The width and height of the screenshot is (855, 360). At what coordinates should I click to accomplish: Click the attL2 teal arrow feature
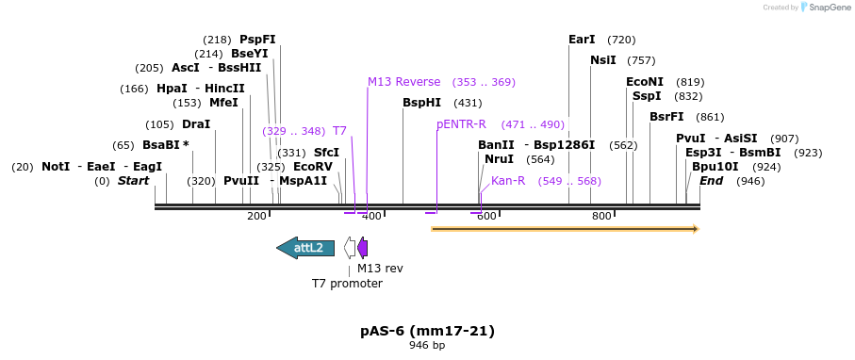coord(304,248)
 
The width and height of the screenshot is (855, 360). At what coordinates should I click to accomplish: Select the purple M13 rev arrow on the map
coord(363,248)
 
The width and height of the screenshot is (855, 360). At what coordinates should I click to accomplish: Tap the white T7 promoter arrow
coord(350,248)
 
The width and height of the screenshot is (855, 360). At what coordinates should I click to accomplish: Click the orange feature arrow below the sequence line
coord(564,228)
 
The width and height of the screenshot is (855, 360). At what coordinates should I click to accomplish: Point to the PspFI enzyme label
coord(257,40)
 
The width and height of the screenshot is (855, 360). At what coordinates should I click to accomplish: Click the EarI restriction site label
coord(582,40)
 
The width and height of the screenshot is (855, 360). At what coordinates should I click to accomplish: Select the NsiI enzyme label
coord(603,60)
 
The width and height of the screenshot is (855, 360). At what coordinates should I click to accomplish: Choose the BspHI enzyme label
coord(421,103)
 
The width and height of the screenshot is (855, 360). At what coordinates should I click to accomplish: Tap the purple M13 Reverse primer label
coord(403,82)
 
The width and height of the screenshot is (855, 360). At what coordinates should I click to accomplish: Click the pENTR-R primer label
coord(461,124)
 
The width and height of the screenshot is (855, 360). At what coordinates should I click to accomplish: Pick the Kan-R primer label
coord(508,180)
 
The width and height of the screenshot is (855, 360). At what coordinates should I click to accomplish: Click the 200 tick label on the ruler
coord(256,217)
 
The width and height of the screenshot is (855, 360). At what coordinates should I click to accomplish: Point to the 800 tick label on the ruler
coord(601,217)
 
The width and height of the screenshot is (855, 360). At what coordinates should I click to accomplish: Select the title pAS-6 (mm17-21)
coord(427,331)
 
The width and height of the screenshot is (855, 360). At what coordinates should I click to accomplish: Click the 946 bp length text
coord(427,346)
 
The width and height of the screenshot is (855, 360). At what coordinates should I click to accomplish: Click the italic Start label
coord(133,180)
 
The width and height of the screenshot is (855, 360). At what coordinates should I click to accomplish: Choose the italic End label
coord(711,180)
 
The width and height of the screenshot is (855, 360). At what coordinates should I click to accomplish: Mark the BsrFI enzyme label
coord(666,117)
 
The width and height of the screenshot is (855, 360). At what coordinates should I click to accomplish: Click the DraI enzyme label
coord(196,124)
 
